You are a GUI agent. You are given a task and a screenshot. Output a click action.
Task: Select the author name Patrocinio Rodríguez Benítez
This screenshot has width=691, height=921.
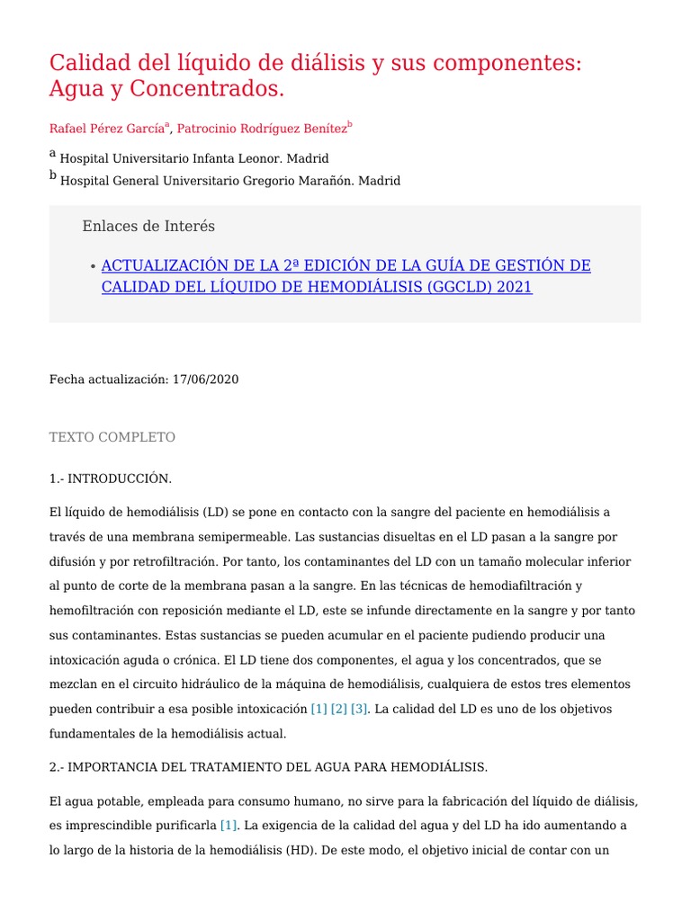(261, 129)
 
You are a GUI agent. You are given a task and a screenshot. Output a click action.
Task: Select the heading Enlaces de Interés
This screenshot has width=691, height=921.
(148, 226)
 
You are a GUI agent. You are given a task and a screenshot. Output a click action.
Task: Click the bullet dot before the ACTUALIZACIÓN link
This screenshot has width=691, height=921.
(94, 267)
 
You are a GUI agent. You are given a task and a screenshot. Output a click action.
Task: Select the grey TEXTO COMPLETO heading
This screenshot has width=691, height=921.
(112, 437)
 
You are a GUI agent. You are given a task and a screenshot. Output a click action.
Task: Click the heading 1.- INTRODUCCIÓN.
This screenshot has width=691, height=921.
(110, 478)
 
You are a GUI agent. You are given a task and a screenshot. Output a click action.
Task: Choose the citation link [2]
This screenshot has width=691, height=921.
(338, 709)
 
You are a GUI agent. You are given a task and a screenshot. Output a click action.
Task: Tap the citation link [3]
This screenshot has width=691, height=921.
(359, 709)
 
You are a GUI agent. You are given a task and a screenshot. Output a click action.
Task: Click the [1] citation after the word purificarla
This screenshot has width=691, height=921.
(229, 825)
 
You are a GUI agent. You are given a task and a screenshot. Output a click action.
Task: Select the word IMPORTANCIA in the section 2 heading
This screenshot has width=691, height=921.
(109, 767)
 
